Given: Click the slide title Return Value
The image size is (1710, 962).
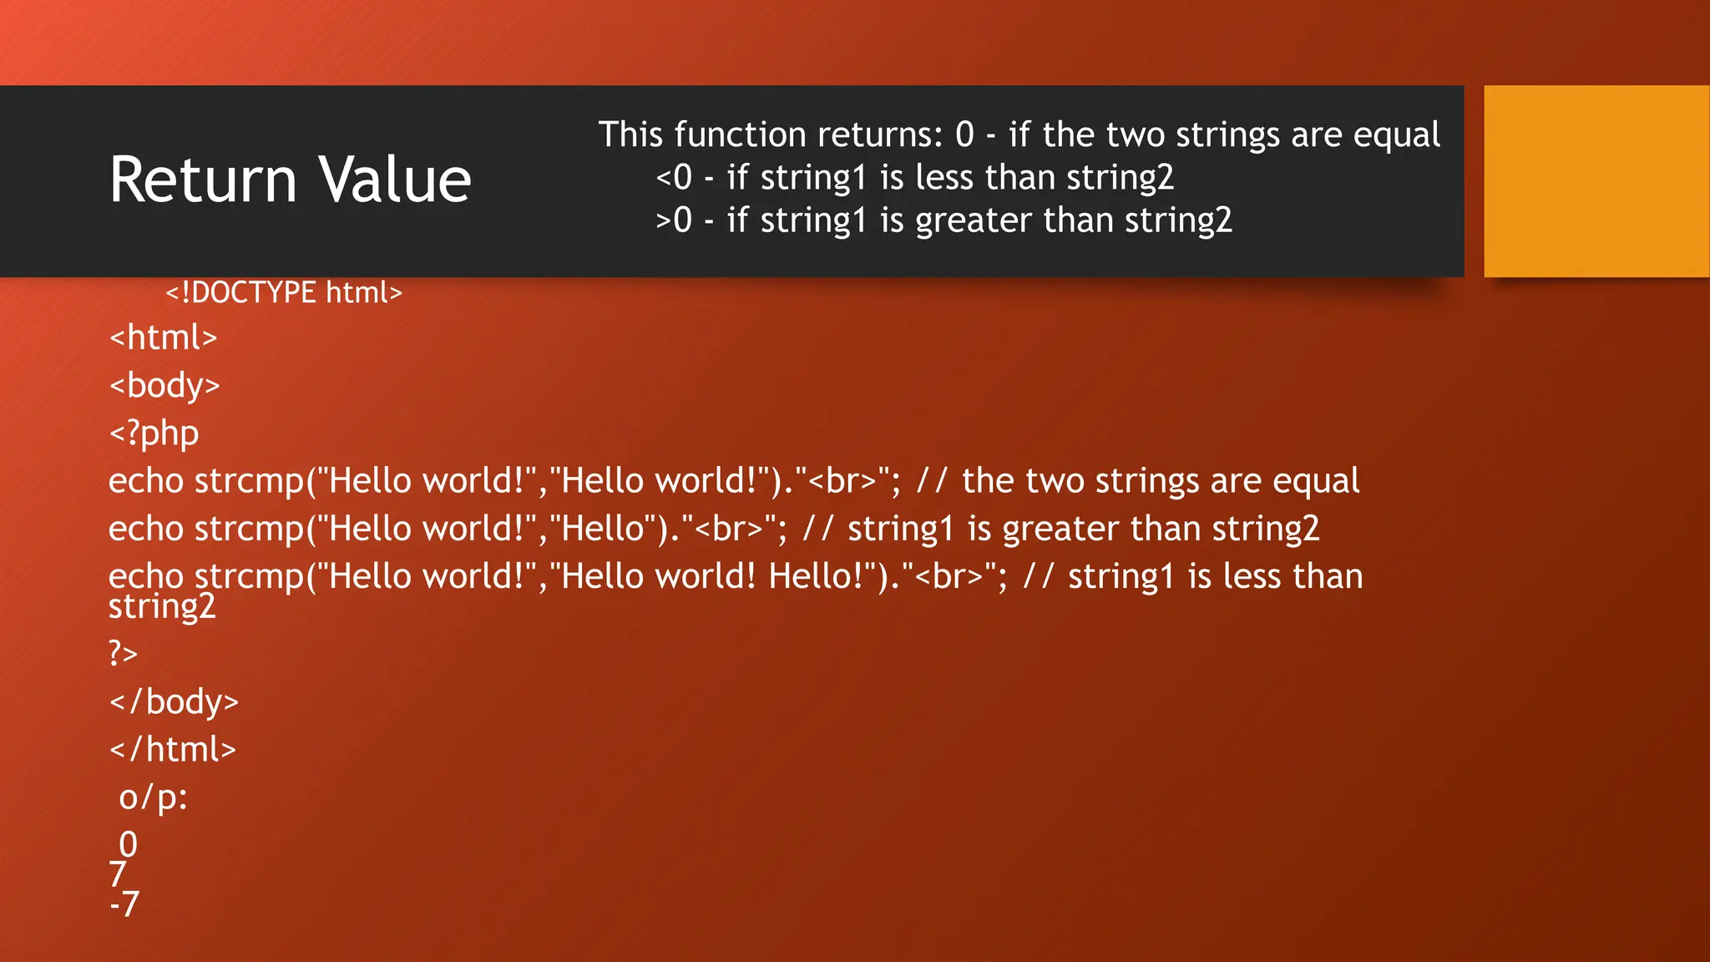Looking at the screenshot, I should (x=290, y=180).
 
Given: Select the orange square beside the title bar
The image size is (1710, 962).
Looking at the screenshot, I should (x=1596, y=181).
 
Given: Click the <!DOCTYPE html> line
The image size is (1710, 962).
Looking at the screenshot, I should (x=284, y=292).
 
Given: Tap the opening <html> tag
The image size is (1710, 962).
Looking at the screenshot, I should (x=163, y=337).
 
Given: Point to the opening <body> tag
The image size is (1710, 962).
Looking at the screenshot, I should (x=164, y=385).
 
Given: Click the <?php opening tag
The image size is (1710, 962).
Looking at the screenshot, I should (x=154, y=433).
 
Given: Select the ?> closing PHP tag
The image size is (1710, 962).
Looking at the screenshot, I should (x=123, y=652).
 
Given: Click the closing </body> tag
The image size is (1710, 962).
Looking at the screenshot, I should (x=174, y=701).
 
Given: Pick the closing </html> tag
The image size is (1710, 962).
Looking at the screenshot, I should (x=172, y=749).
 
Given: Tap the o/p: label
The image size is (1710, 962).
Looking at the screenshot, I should (x=153, y=797).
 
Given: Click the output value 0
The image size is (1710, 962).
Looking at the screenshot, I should (x=128, y=844).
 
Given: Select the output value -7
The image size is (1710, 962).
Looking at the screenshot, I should (x=124, y=904).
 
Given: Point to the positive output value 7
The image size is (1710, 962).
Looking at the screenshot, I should (x=118, y=874).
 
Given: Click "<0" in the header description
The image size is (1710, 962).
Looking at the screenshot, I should (x=674, y=178).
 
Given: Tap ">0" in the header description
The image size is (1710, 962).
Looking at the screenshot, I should (x=674, y=220).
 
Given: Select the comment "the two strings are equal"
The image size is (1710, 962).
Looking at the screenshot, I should (x=1160, y=481).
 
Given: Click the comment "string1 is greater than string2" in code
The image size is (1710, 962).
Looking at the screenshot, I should (x=1083, y=529).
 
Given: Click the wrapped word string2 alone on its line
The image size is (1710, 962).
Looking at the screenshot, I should (x=162, y=606).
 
